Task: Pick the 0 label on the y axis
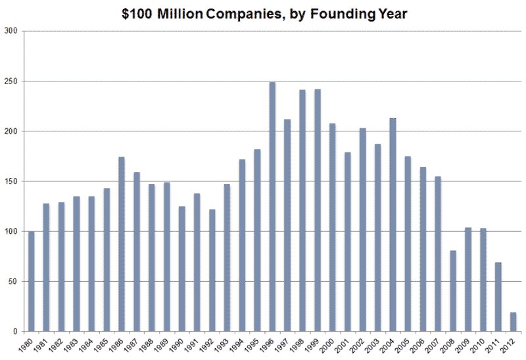point(15,331)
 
